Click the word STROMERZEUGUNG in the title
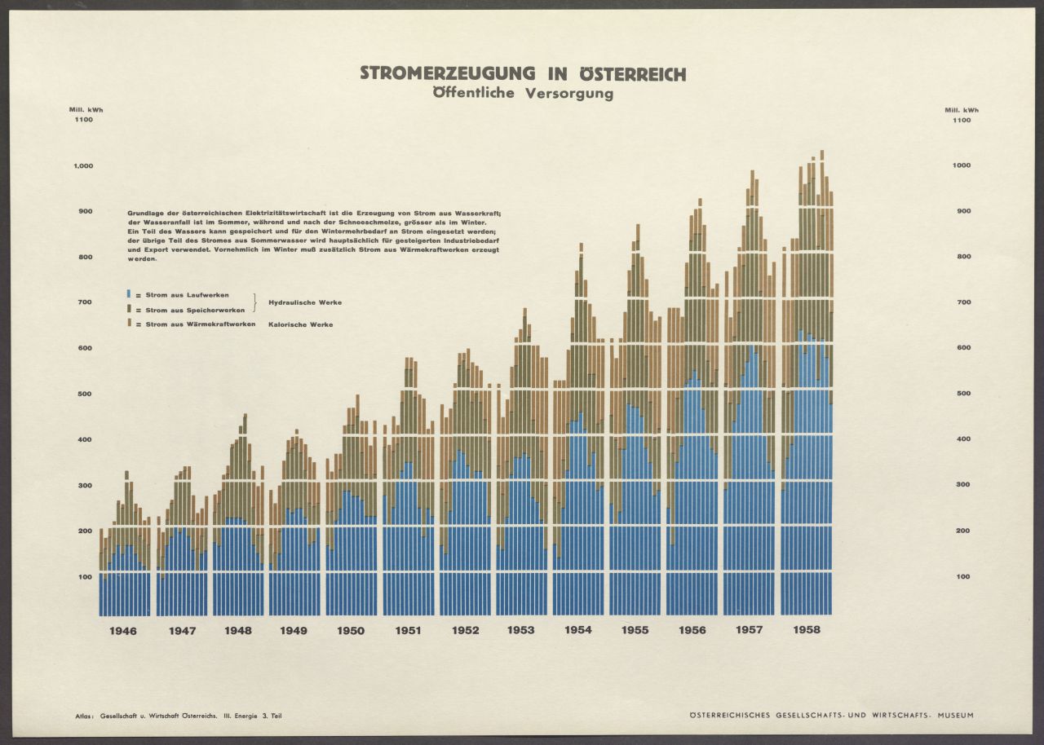[447, 74]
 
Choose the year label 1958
[805, 630]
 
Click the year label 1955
[635, 631]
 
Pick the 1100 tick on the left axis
[84, 120]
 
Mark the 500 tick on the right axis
[962, 394]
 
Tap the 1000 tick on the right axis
[962, 165]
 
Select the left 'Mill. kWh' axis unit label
[86, 109]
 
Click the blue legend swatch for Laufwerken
[128, 293]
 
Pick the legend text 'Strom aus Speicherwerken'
[190, 310]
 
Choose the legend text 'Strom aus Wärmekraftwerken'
[193, 324]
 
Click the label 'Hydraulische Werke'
[305, 302]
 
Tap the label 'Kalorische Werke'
[300, 324]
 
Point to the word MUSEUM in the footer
[955, 716]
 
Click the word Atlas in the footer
[83, 716]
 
